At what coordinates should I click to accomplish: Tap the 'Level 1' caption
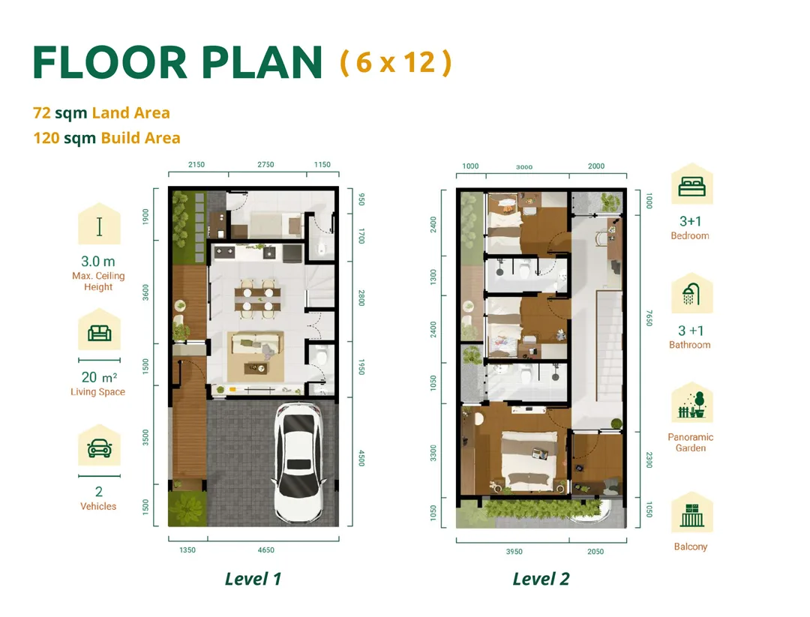coord(253,579)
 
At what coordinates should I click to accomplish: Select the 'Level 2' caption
coord(541,579)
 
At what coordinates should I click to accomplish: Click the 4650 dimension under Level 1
coord(266,550)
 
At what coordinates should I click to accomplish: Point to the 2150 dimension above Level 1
coord(196,165)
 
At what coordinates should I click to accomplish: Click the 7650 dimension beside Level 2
coord(649,318)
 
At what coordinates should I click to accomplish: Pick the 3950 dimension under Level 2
coord(514,552)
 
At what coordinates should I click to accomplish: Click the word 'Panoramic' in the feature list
coord(691,437)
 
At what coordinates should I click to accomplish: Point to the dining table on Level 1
coord(258,295)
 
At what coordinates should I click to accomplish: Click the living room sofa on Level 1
coord(256,343)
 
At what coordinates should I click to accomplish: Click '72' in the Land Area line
coord(42,112)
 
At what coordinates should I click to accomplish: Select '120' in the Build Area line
coord(46,138)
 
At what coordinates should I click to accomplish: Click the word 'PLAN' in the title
coord(262,62)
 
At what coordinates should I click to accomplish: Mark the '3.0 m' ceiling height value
coord(98,261)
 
